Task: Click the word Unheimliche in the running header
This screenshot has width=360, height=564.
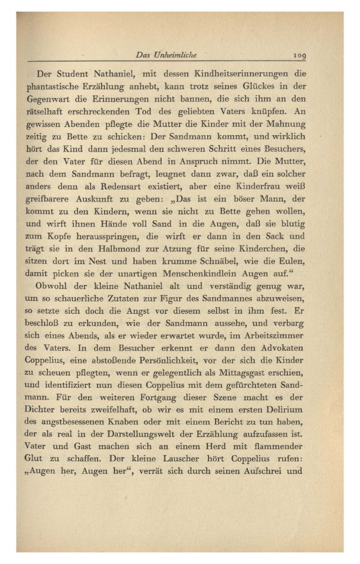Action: (x=174, y=55)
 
